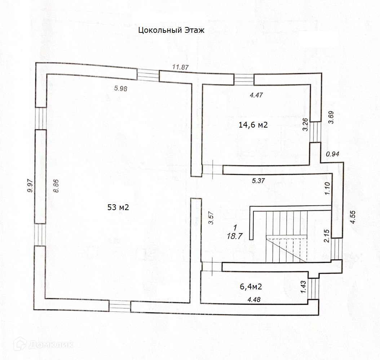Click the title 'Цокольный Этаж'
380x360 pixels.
171,30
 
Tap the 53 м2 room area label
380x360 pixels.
118,207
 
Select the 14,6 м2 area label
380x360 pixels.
253,125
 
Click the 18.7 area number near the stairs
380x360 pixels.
234,236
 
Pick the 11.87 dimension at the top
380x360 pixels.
181,67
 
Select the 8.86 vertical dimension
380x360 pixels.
56,186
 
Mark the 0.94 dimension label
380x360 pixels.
333,154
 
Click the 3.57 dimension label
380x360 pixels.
212,219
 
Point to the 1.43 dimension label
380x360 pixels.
304,287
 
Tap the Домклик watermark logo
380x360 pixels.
38,344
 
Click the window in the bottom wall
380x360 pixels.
120,306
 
